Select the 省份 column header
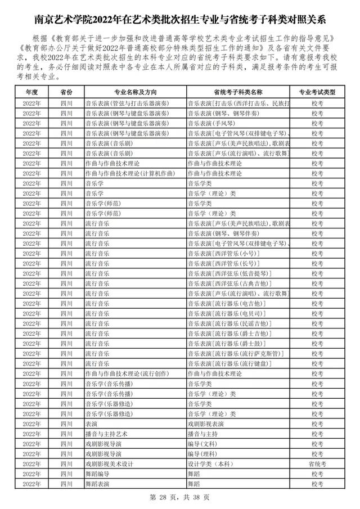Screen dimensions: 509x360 [x=66, y=92]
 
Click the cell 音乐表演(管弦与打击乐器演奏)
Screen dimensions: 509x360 [x=127, y=103]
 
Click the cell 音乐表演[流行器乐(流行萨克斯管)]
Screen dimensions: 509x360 [x=234, y=353]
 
